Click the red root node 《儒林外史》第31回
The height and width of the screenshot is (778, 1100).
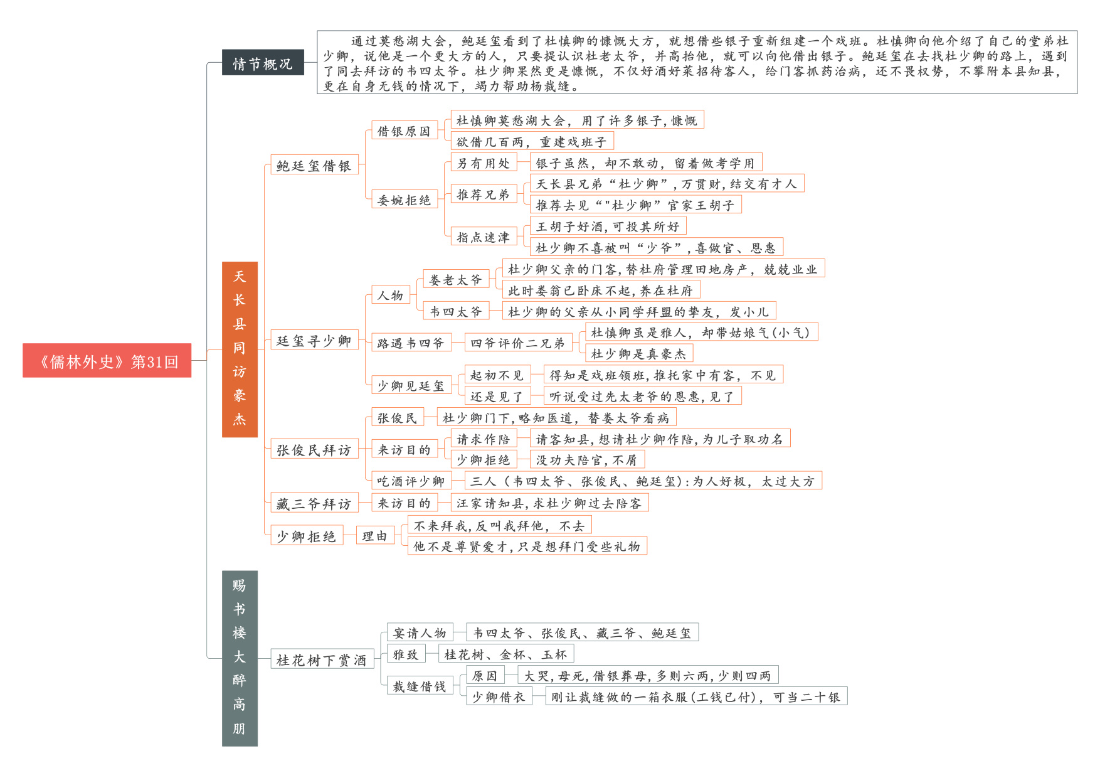point(107,361)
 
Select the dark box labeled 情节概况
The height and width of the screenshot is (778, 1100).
point(263,63)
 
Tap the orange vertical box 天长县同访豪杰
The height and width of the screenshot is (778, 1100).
point(240,349)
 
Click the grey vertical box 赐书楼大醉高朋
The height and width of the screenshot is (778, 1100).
point(240,658)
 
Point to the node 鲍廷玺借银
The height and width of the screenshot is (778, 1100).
point(314,165)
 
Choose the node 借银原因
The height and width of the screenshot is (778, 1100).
point(404,131)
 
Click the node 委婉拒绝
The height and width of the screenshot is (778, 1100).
point(404,200)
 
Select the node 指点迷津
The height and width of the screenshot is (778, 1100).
point(483,237)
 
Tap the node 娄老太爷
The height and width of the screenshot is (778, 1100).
point(455,279)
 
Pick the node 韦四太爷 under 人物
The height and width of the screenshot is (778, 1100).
point(455,311)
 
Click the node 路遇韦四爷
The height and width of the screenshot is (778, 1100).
point(411,343)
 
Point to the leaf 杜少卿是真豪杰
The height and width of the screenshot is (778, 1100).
point(638,353)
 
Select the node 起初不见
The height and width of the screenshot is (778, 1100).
point(497,375)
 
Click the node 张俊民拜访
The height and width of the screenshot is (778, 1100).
point(314,449)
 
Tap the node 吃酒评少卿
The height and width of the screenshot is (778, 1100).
point(411,481)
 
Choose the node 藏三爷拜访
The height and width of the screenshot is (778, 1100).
point(314,503)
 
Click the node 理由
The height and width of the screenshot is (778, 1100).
point(375,535)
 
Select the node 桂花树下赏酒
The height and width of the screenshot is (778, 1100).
point(322,659)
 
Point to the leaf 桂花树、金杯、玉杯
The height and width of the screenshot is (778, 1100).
point(505,654)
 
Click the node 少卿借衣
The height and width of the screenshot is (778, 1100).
point(499,696)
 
